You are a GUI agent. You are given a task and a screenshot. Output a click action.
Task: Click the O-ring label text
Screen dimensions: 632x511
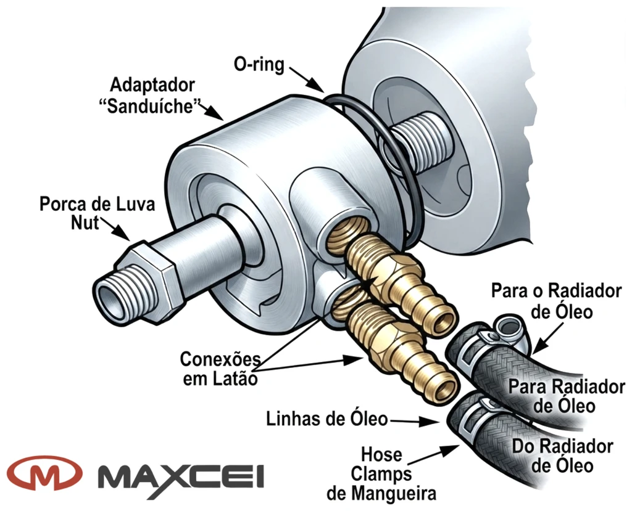259,64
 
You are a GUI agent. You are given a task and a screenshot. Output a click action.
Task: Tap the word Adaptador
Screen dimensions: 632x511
152,85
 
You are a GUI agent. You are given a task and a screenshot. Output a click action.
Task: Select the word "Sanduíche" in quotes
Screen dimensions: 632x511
150,106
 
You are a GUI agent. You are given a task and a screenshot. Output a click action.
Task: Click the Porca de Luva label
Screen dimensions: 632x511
97,204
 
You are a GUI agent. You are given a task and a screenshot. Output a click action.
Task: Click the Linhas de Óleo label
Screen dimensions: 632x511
326,419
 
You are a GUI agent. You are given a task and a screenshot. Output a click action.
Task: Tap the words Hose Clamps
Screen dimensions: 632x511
381,464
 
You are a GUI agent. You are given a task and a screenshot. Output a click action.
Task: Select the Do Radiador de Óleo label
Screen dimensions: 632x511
563,456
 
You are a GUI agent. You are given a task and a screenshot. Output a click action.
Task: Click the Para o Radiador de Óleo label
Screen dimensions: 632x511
557,301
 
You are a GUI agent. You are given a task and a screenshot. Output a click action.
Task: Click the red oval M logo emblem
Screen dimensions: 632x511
44,473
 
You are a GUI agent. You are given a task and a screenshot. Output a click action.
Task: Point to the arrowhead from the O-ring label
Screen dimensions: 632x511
317,86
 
